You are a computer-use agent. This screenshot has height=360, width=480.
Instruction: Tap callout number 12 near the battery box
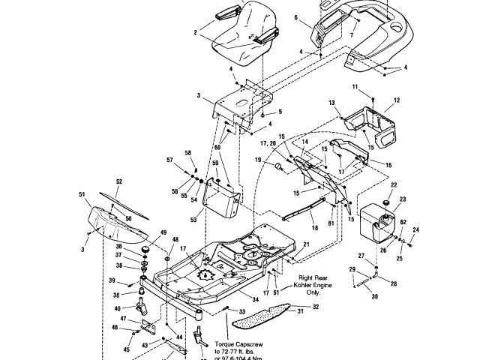click(x=397, y=100)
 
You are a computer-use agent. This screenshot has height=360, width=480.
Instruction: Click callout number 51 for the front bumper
click(x=82, y=194)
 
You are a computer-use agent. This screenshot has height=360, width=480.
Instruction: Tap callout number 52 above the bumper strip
click(x=118, y=181)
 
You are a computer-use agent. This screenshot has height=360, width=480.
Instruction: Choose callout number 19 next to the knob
click(x=256, y=160)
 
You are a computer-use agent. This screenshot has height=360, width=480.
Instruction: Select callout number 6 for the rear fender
click(x=295, y=16)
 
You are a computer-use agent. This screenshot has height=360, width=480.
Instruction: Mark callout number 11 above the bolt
click(x=355, y=88)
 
